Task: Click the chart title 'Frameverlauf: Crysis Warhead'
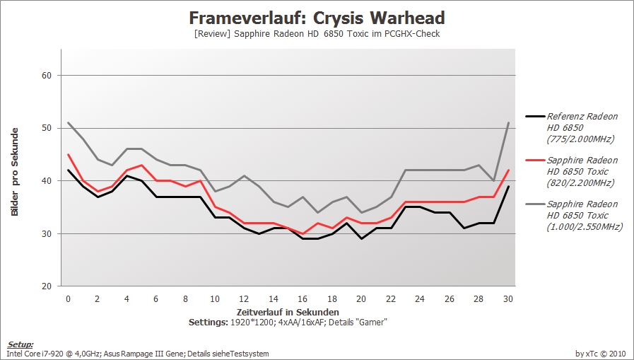pos(317,18)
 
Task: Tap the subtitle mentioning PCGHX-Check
pos(317,34)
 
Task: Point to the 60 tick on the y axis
pos(47,75)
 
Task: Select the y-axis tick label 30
pos(47,234)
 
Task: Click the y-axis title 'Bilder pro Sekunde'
pos(15,172)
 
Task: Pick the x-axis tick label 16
pos(303,299)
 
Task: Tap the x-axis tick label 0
pos(68,299)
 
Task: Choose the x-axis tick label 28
pos(479,299)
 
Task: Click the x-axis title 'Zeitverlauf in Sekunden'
pos(288,313)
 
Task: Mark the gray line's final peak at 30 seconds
pos(508,122)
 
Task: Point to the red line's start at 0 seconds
pos(69,154)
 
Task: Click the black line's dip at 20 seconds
pos(361,238)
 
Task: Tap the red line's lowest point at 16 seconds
pos(303,234)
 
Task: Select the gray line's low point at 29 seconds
pos(493,181)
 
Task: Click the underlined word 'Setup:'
pos(20,344)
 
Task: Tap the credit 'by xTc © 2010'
pos(601,354)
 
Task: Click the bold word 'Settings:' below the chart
pos(209,323)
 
